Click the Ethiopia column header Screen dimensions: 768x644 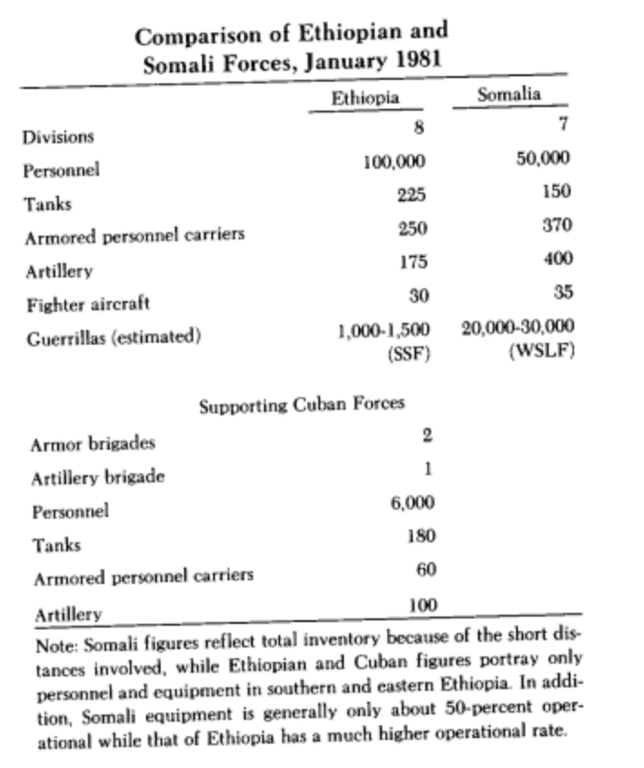click(x=365, y=99)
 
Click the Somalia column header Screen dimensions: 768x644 click(x=509, y=94)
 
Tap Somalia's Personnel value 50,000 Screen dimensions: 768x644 click(x=542, y=158)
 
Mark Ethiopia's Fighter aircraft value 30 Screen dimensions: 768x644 click(x=416, y=295)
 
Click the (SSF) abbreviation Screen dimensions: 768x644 click(x=407, y=355)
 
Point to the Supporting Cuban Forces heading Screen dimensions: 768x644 click(x=301, y=403)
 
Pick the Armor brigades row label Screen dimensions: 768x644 click(x=93, y=443)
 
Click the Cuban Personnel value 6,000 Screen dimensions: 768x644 click(x=413, y=502)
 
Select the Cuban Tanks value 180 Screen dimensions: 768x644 click(x=422, y=536)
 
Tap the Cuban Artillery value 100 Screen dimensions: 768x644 click(x=422, y=604)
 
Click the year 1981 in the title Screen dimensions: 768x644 click(x=415, y=64)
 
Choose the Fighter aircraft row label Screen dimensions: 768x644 click(x=87, y=304)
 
